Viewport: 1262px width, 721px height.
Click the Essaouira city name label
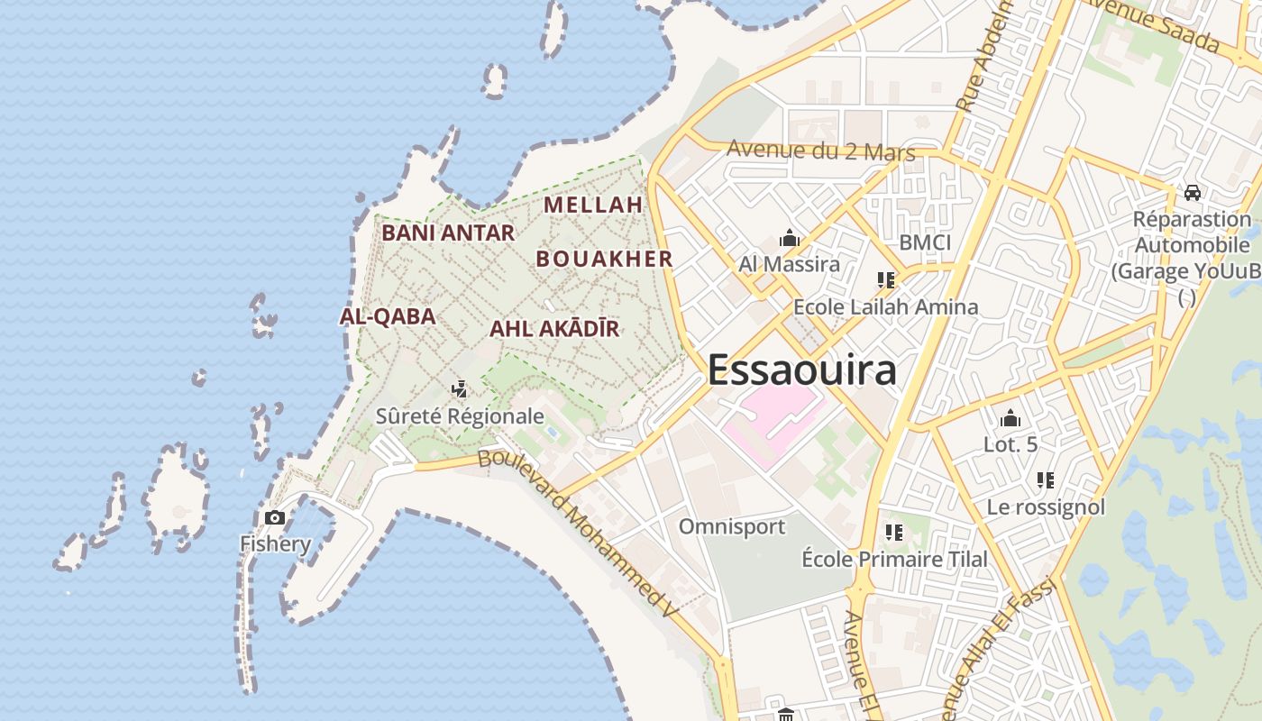(x=801, y=370)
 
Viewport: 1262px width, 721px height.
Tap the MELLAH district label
(x=593, y=205)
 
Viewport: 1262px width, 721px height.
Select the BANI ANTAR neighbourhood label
(x=448, y=233)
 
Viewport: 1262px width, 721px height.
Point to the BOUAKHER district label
(x=604, y=260)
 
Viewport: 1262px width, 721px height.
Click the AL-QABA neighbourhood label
(x=388, y=316)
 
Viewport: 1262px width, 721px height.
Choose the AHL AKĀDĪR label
(x=554, y=329)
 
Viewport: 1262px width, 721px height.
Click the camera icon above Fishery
(x=275, y=517)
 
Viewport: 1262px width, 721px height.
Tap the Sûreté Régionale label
(x=460, y=415)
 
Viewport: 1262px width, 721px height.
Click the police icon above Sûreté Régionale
(x=460, y=389)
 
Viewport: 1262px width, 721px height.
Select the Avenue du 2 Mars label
(x=820, y=151)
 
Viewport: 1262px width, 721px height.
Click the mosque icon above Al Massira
(x=790, y=239)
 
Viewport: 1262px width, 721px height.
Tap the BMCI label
(x=925, y=242)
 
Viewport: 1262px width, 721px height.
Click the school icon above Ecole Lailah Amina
(x=885, y=280)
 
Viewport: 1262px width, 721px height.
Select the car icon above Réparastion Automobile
(x=1192, y=192)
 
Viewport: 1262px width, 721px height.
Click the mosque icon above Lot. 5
(x=1010, y=418)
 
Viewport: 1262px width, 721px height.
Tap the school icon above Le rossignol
(x=1046, y=480)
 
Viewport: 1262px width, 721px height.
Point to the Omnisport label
(x=732, y=526)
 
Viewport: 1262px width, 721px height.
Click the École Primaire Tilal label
(x=894, y=559)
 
